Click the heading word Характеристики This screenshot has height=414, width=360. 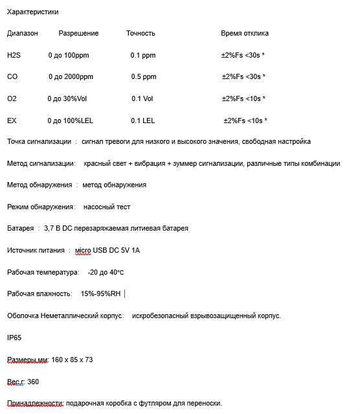click(x=32, y=12)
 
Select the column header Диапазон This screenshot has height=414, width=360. click(x=23, y=33)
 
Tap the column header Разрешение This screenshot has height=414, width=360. click(x=78, y=33)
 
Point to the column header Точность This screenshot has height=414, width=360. click(x=141, y=33)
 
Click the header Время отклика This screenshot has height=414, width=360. click(x=245, y=33)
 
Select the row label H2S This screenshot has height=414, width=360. click(x=14, y=55)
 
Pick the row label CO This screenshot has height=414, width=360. click(x=12, y=76)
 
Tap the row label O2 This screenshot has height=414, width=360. click(x=12, y=98)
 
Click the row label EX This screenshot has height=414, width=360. click(x=12, y=121)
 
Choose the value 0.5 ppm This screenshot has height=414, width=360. click(x=144, y=76)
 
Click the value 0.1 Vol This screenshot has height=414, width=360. click(x=142, y=98)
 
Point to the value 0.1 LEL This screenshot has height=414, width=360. click(x=143, y=121)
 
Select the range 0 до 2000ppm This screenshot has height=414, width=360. click(x=71, y=76)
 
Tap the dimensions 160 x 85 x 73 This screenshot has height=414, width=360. click(x=72, y=360)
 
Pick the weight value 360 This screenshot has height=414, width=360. click(x=33, y=382)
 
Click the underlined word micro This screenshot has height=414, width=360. click(x=84, y=250)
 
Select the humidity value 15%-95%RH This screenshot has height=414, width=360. click(x=100, y=293)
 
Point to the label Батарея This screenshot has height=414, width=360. click(x=20, y=228)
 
